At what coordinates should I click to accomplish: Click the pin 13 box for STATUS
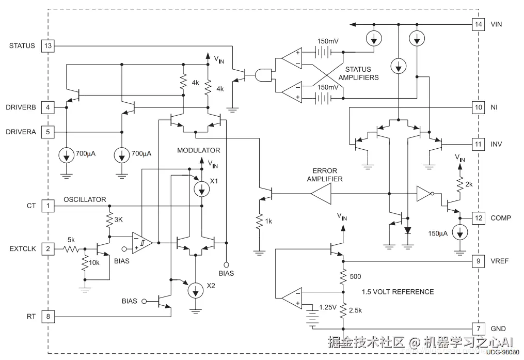(x=48, y=46)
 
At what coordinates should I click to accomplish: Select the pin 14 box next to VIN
(x=479, y=24)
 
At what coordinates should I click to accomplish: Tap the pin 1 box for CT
(x=48, y=206)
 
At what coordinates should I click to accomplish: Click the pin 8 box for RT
(x=48, y=316)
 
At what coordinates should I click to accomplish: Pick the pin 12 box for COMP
(x=479, y=218)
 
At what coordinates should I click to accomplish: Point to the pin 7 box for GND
(x=479, y=328)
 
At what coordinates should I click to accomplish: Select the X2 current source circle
(x=195, y=290)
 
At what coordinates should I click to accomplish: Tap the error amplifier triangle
(x=321, y=194)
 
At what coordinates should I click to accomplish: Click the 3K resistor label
(x=118, y=220)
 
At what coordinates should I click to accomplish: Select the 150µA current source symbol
(x=458, y=232)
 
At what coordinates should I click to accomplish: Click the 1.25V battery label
(x=328, y=307)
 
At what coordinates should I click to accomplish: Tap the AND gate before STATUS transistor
(x=264, y=75)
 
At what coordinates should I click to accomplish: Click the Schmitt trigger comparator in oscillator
(x=141, y=243)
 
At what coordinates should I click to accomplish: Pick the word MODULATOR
(x=199, y=150)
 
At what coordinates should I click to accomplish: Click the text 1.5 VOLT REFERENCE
(x=398, y=292)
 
